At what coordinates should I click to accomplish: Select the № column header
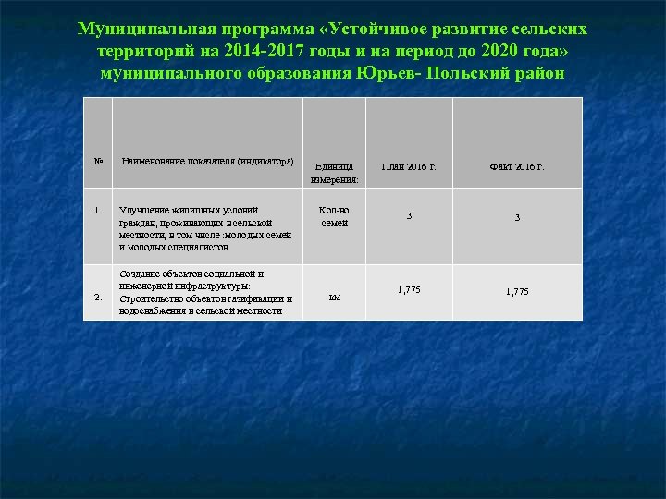tap(98, 161)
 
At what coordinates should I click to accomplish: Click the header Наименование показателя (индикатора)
tap(207, 161)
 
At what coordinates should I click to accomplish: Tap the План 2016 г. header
tap(409, 167)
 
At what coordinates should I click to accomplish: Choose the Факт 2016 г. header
tap(517, 167)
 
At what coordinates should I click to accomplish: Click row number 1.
tap(98, 210)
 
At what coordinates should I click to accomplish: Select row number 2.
tap(98, 297)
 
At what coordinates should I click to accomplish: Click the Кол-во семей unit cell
tap(334, 216)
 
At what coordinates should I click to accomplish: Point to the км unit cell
tap(334, 298)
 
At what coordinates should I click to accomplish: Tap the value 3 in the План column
tap(409, 216)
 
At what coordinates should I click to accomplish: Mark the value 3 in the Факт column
tap(517, 218)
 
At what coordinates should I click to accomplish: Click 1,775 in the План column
tap(409, 290)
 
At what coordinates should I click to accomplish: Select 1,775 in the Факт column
tap(517, 292)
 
